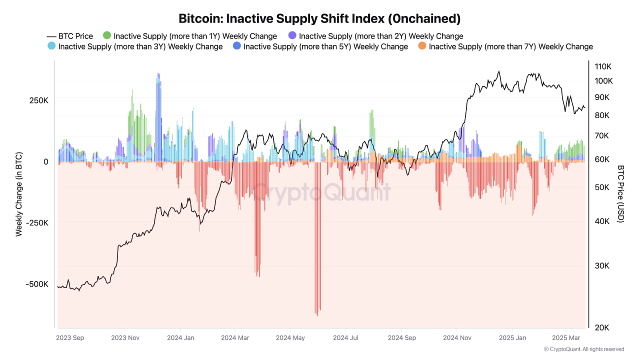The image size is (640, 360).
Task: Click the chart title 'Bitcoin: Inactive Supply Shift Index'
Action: (x=319, y=18)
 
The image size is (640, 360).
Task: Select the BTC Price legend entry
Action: (x=70, y=36)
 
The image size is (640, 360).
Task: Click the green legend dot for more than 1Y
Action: (x=107, y=35)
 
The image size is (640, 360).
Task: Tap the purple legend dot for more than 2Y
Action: (x=292, y=35)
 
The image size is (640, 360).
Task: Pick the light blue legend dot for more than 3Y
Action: (x=51, y=46)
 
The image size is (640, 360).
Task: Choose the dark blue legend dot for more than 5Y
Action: (x=237, y=46)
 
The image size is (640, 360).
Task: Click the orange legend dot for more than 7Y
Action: (x=422, y=46)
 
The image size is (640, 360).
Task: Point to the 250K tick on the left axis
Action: (x=38, y=100)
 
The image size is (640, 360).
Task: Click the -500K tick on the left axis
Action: (x=37, y=284)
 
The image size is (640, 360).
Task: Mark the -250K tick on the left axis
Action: (x=37, y=223)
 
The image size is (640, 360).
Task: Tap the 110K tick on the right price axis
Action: (x=603, y=66)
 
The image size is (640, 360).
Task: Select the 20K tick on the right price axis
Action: (x=601, y=327)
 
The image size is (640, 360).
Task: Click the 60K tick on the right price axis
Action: (x=601, y=159)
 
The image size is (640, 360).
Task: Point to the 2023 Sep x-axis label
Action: (x=70, y=338)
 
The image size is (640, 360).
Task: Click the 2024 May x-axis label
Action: (x=290, y=338)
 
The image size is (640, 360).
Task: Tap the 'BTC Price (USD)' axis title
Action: (x=621, y=194)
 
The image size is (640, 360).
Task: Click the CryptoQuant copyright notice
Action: (x=583, y=349)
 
